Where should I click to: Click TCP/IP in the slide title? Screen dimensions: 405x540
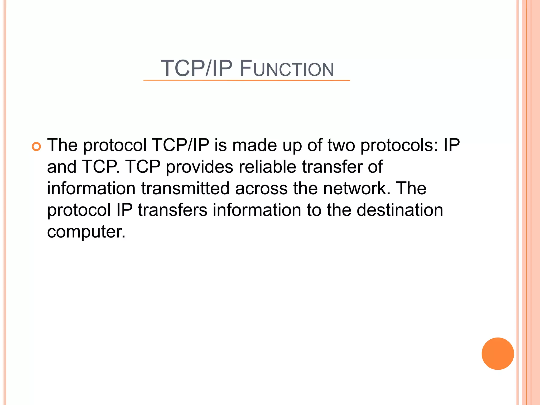click(x=196, y=69)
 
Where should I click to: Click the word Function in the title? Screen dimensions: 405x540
click(x=287, y=69)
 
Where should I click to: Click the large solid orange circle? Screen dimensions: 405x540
click(x=498, y=354)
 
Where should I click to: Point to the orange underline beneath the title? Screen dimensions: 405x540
click(x=247, y=80)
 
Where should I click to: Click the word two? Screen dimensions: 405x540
click(x=341, y=145)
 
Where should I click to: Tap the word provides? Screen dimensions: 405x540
click(x=200, y=167)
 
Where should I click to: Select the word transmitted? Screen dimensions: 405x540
click(x=185, y=189)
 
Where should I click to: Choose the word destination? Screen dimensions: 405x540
click(x=400, y=210)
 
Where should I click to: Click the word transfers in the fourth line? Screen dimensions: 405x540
click(x=172, y=210)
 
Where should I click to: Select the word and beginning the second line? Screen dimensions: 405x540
click(x=62, y=167)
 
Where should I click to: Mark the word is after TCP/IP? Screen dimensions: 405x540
click(x=220, y=145)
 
